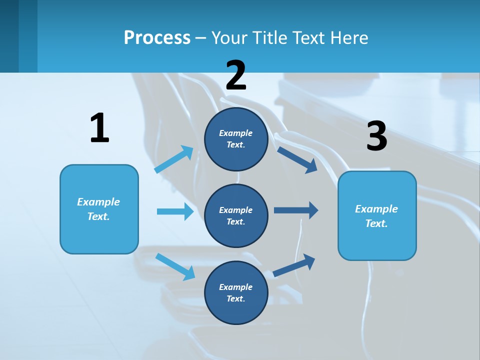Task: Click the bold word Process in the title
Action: click(157, 38)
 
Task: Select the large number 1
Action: click(99, 128)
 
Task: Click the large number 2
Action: click(236, 75)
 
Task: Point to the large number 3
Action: click(376, 136)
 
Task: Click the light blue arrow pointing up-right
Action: click(174, 159)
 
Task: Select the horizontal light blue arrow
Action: click(175, 211)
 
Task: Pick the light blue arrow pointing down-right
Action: click(175, 266)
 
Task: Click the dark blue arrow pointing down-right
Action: click(297, 159)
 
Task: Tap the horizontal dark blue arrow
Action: click(296, 210)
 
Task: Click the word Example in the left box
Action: click(98, 202)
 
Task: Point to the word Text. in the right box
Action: click(376, 224)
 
